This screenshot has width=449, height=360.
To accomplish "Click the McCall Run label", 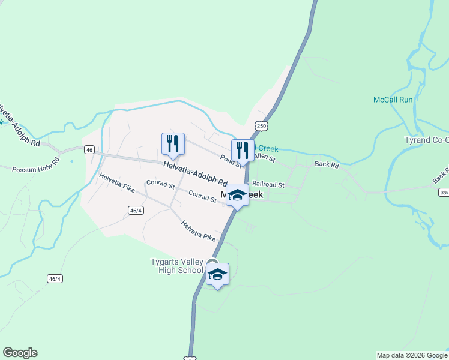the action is pos(393,100).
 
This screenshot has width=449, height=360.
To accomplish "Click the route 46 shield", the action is pos(89,149).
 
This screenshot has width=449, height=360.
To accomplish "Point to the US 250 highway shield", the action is pos(261,126).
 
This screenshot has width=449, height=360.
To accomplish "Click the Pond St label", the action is pos(230,160).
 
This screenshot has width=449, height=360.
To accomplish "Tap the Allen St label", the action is pos(264,158).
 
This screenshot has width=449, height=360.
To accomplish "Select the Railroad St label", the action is pos(268,184).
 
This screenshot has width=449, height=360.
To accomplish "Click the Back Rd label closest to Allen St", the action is pos(327,164).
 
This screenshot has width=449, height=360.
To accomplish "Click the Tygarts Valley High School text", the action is pos(176,266).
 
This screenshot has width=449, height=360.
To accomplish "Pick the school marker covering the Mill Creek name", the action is pos(238,194).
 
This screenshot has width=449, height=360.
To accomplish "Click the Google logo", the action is pos(20,353).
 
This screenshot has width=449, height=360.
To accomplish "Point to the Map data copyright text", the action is pos(412,355).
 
